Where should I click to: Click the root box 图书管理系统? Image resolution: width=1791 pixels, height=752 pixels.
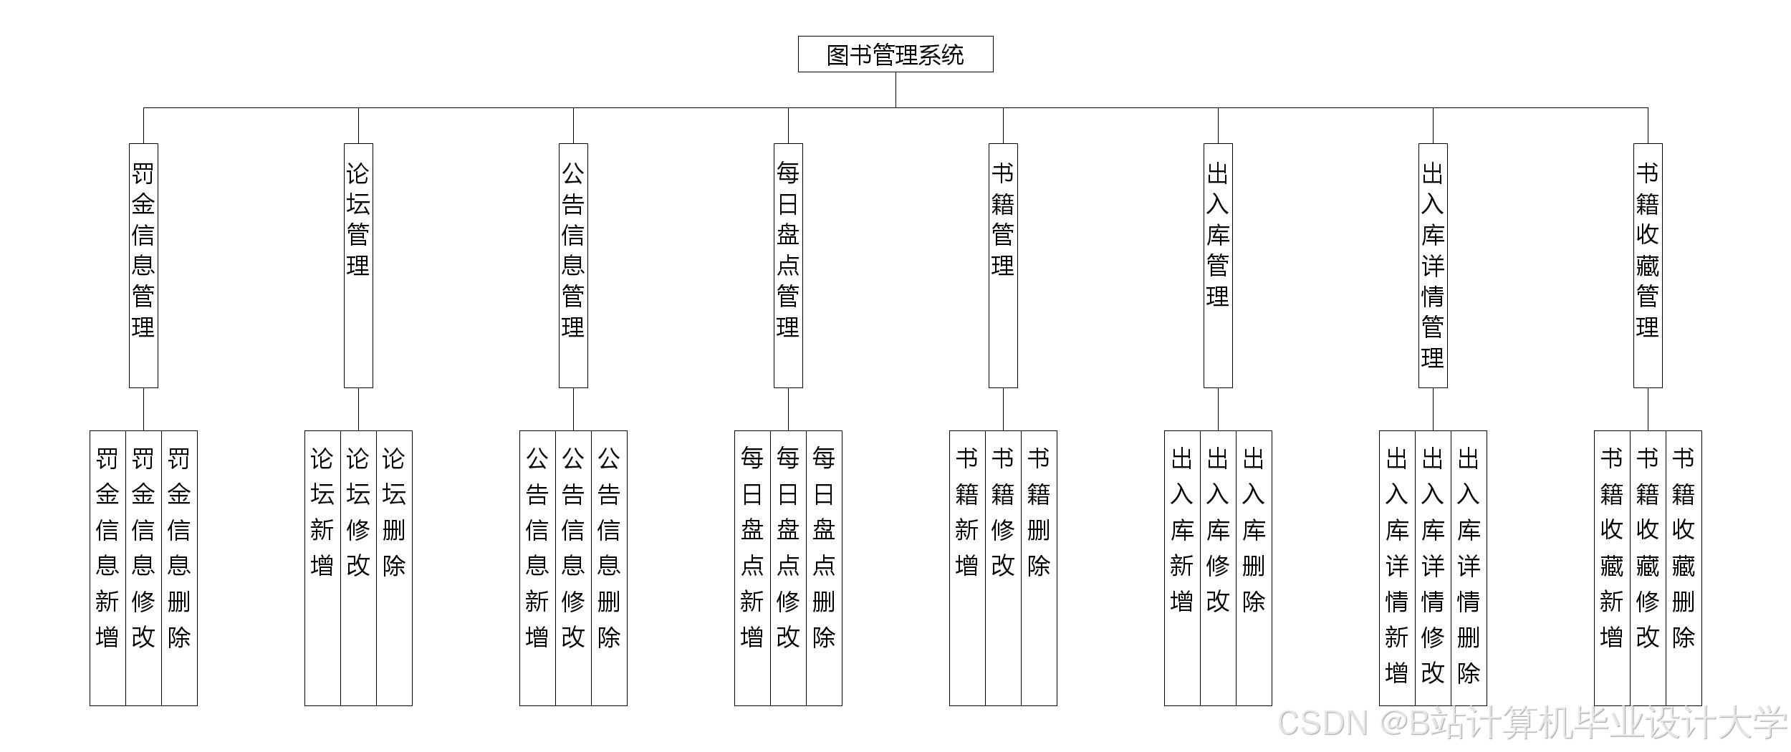(x=895, y=54)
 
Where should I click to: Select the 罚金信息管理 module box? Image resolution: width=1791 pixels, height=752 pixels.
(x=143, y=265)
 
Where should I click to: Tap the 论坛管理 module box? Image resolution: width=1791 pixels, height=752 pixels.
(x=358, y=265)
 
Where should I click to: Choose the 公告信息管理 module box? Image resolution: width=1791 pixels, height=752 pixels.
(x=573, y=265)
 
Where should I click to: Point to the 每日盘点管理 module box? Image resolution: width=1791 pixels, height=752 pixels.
(x=788, y=265)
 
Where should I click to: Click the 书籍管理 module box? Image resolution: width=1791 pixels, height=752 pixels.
(x=1003, y=265)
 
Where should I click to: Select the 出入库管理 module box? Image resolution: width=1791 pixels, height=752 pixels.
(x=1218, y=265)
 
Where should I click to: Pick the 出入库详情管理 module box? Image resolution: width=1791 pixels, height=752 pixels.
(x=1433, y=265)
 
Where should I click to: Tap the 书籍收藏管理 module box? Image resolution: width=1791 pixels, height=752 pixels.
(x=1648, y=265)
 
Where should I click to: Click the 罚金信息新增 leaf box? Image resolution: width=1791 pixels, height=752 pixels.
(x=107, y=566)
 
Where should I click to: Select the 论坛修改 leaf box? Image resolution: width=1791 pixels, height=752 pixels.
(x=358, y=566)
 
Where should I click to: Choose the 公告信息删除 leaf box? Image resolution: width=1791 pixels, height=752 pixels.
(x=609, y=566)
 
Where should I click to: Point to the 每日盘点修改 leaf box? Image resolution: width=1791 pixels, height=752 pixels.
(x=788, y=566)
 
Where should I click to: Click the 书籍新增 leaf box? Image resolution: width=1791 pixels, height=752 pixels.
(x=967, y=566)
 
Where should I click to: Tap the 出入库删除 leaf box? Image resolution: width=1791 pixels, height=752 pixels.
(x=1254, y=566)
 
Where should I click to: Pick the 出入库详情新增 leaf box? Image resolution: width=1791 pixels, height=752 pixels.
(x=1397, y=566)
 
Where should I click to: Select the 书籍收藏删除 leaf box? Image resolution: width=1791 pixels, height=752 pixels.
(x=1684, y=566)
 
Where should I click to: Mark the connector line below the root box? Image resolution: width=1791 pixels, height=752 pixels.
(x=895, y=90)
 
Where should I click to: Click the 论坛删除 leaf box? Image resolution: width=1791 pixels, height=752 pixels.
(x=394, y=566)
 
